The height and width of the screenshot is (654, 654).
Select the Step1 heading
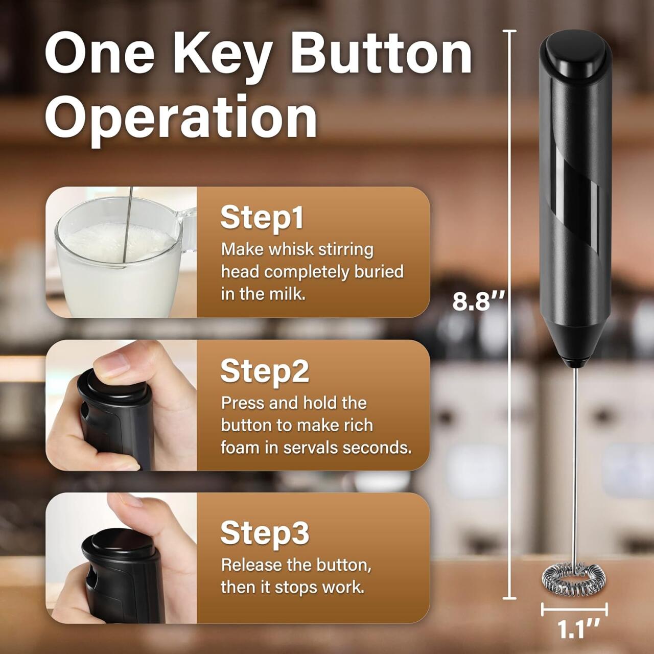(x=262, y=218)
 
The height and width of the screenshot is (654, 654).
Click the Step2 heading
(x=265, y=371)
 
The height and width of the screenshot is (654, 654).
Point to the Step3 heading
(x=265, y=533)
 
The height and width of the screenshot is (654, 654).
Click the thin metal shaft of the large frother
(x=576, y=460)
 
